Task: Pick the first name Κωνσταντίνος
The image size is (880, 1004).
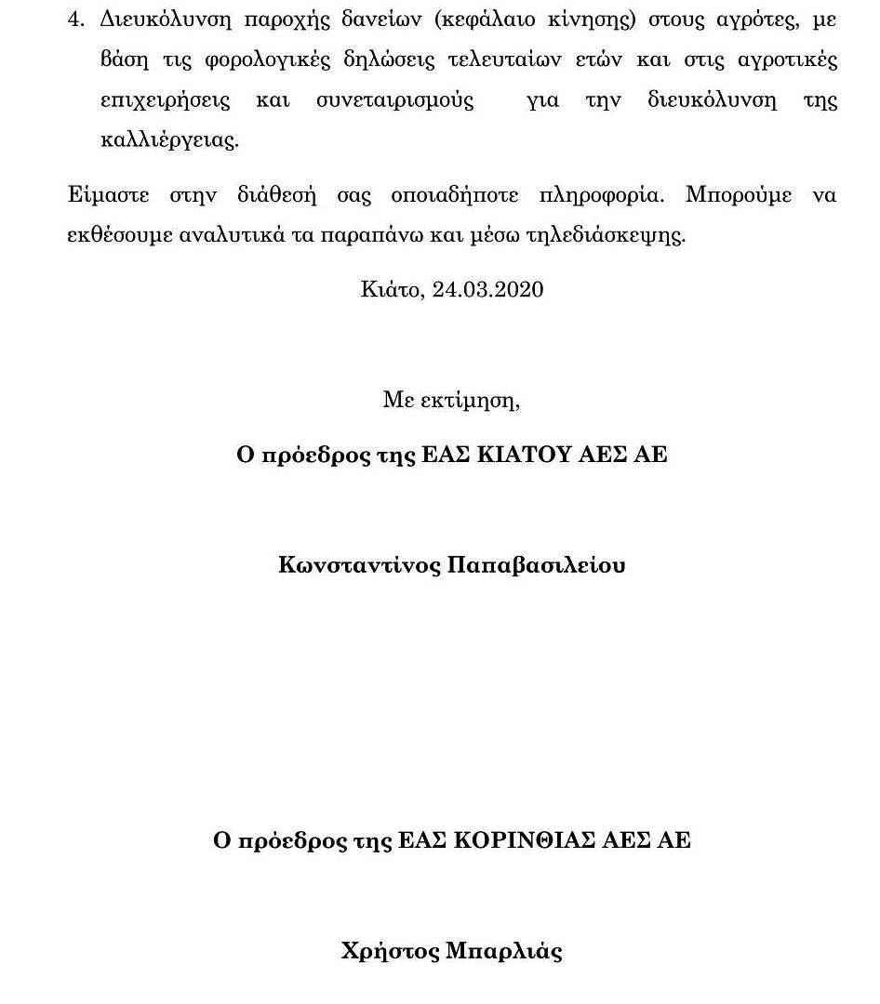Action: [358, 565]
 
